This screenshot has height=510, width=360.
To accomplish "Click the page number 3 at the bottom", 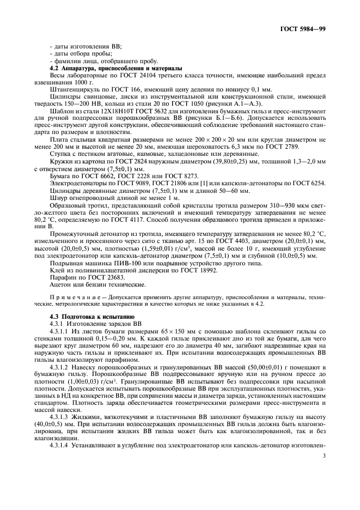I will [x=324, y=487].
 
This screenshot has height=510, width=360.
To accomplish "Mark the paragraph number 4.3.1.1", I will [x=59, y=332].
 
